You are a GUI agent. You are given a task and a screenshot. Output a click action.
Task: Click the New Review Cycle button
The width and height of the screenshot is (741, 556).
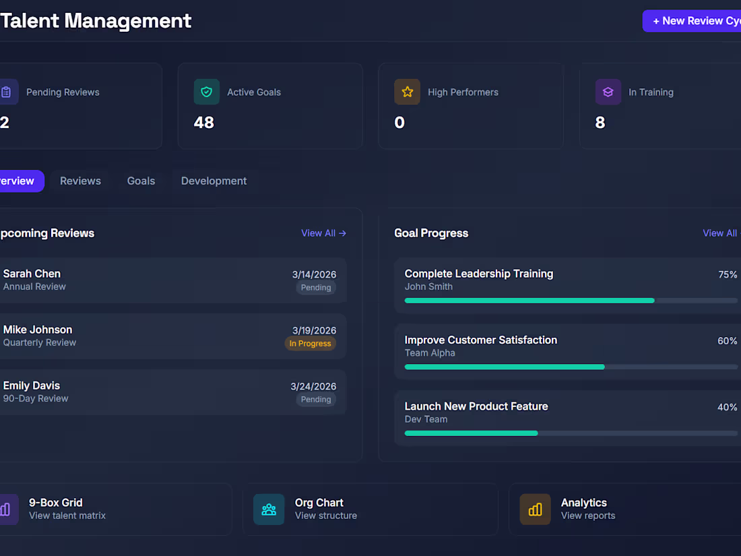tap(694, 21)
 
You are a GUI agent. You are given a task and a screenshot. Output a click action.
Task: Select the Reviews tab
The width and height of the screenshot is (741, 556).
tap(80, 181)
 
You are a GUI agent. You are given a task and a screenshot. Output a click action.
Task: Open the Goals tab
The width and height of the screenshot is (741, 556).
tap(141, 181)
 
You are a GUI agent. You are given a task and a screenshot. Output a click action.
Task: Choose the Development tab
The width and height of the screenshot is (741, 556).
tap(214, 181)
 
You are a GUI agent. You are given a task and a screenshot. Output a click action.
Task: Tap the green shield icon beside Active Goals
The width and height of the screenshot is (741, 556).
tap(206, 92)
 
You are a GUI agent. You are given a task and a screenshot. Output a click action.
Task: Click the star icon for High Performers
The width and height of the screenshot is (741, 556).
tap(407, 92)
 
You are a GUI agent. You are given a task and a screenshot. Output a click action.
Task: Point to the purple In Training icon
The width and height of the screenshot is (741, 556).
tap(608, 92)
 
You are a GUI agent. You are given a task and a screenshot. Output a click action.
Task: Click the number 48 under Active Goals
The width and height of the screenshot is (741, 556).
tap(203, 123)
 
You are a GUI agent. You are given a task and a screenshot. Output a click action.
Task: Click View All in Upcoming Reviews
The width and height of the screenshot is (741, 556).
tap(323, 233)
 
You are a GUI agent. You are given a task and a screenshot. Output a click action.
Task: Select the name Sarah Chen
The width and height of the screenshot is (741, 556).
tap(32, 274)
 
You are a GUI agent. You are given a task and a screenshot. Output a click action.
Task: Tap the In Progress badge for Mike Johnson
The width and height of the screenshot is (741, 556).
tap(310, 344)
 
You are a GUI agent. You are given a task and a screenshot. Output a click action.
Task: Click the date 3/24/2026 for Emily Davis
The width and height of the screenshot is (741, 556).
tap(313, 387)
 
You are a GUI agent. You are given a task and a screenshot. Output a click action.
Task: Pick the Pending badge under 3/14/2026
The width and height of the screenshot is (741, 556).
tap(315, 288)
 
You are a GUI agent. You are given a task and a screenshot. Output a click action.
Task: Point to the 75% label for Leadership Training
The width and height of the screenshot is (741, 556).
tap(728, 275)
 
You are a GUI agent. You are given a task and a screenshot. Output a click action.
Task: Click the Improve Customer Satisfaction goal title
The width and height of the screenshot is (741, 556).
tap(480, 340)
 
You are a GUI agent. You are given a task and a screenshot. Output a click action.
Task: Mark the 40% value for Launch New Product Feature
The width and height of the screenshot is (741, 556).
tap(727, 408)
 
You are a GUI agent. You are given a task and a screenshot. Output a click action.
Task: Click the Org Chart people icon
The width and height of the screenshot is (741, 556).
tap(269, 509)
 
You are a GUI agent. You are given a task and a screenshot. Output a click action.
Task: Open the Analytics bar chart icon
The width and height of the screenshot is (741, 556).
tap(535, 509)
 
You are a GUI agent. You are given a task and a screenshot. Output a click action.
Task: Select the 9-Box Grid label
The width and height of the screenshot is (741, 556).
tap(55, 503)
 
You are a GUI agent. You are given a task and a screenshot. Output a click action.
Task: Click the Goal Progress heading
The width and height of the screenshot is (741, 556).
tap(431, 233)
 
